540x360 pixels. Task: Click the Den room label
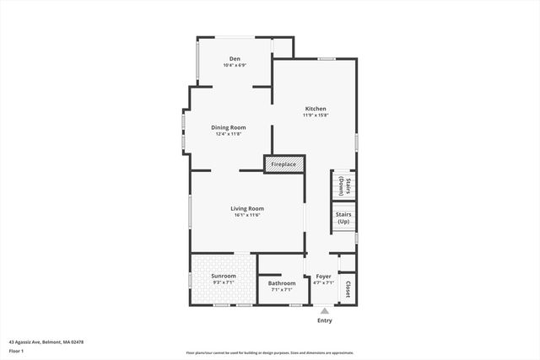234,59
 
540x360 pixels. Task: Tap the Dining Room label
228,127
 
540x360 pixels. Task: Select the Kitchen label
316,109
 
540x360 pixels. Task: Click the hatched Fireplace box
283,164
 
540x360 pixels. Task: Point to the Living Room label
247,208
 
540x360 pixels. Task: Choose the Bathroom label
282,283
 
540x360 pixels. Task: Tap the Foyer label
324,276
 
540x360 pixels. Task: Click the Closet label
348,286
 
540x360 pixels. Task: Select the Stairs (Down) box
343,185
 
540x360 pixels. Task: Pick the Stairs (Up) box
343,218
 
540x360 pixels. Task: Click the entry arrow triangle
325,310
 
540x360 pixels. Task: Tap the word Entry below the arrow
325,320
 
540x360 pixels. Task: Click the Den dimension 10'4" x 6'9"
234,66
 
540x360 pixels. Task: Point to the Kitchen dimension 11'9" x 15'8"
316,116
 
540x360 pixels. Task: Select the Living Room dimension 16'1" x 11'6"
247,215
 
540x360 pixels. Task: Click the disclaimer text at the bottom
270,352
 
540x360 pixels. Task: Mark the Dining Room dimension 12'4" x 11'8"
228,134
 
